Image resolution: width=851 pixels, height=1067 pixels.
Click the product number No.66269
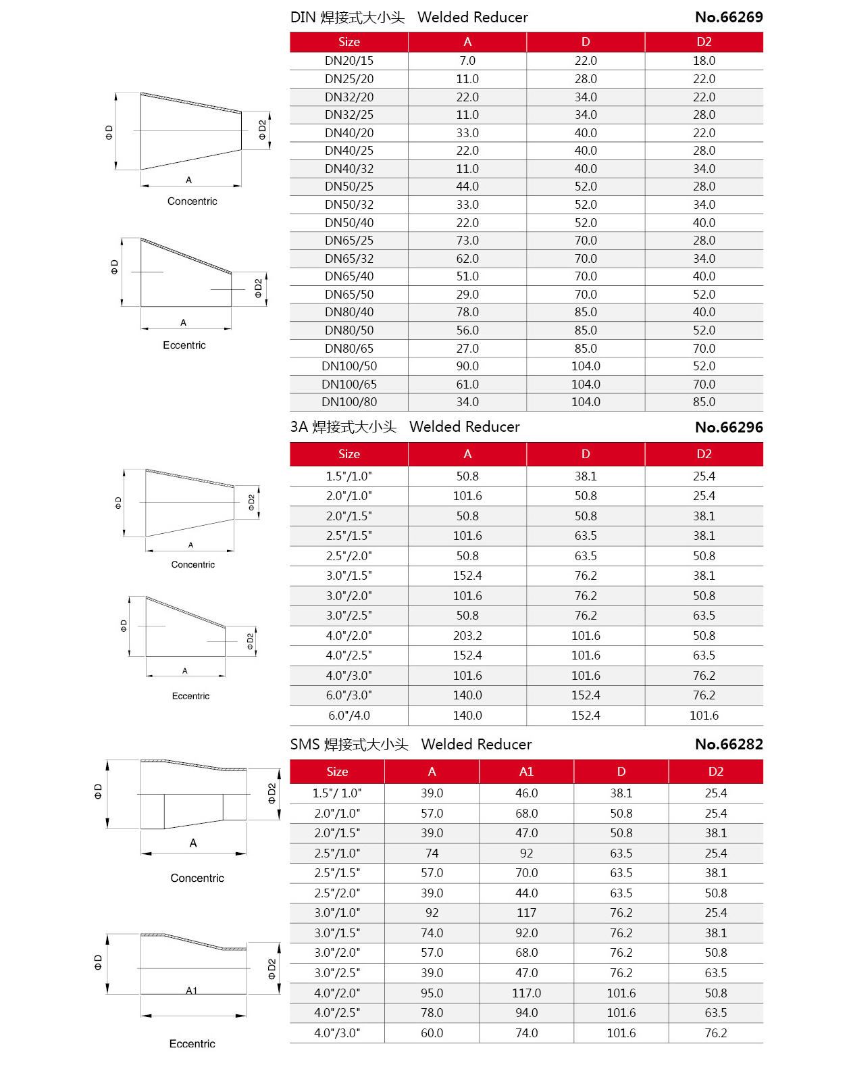click(728, 18)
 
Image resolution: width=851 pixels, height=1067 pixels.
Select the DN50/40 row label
click(349, 222)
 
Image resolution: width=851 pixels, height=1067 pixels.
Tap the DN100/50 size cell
click(349, 366)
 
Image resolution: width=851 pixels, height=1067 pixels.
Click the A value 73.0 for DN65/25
click(467, 241)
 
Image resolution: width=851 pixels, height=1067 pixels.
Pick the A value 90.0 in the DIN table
click(467, 366)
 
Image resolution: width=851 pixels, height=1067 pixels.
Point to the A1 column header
click(526, 771)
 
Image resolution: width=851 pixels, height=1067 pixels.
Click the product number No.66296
click(728, 427)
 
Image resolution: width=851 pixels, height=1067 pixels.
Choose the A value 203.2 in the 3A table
click(467, 635)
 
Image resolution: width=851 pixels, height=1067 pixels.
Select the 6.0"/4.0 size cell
click(349, 715)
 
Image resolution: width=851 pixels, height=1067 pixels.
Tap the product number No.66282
click(728, 744)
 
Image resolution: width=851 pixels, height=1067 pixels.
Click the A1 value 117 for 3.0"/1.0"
click(526, 913)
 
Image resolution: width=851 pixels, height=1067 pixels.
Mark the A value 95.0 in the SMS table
click(432, 993)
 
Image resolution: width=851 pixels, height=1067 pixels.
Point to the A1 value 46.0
click(526, 793)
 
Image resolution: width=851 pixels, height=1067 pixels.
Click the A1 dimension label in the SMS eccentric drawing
click(192, 991)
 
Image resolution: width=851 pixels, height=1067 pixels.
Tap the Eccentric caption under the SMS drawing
click(192, 1043)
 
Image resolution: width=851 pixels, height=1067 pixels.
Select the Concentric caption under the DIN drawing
click(192, 201)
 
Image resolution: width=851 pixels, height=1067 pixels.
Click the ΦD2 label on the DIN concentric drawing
click(262, 130)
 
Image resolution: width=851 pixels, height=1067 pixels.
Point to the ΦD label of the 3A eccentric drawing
click(124, 626)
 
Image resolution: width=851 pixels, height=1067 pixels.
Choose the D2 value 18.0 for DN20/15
click(704, 61)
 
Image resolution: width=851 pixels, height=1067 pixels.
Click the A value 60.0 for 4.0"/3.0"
click(432, 1033)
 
